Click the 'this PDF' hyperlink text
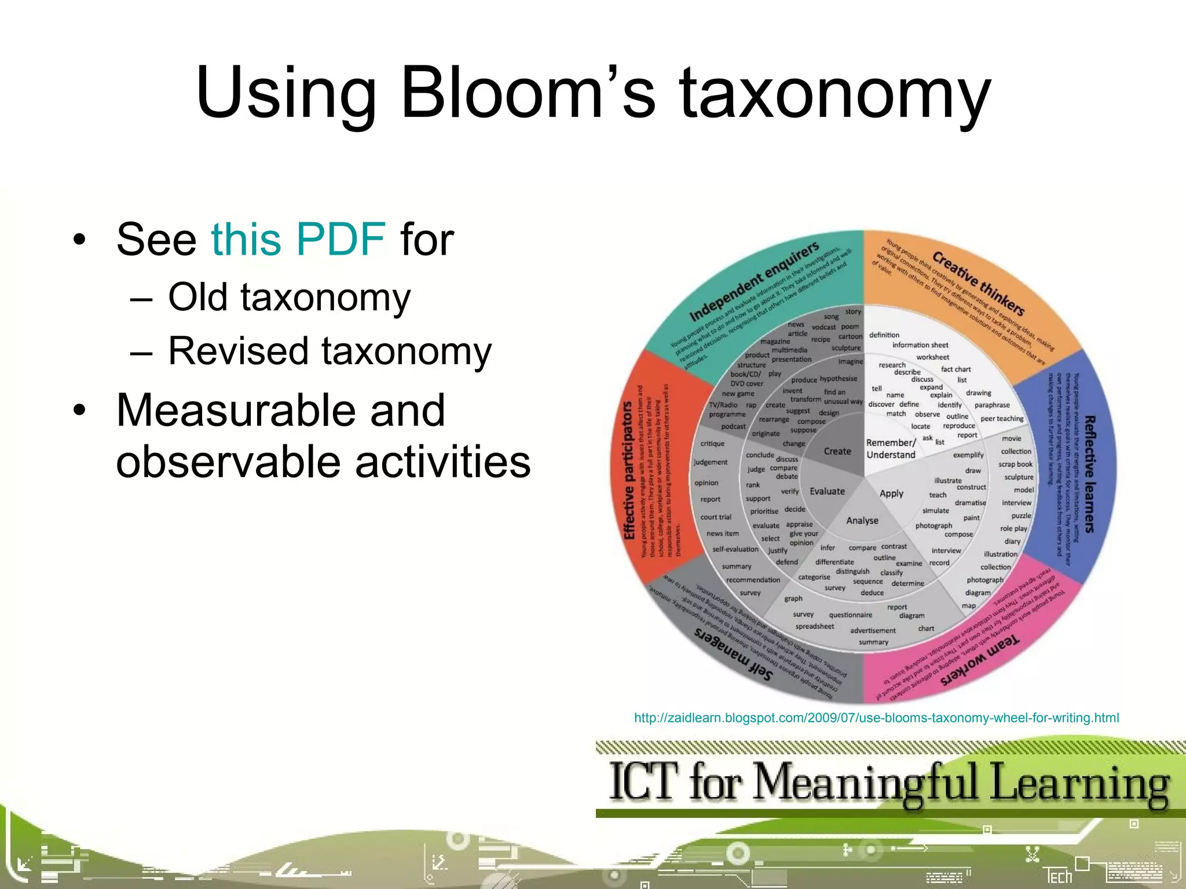tap(298, 239)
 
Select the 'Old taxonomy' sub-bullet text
tap(289, 297)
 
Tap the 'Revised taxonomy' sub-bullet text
tap(330, 351)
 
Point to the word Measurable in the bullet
tap(281, 410)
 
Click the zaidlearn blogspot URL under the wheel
tap(876, 718)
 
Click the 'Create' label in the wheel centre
tap(837, 451)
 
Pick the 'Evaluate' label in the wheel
tap(827, 491)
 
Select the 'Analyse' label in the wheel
tap(862, 520)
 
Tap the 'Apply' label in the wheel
tap(891, 494)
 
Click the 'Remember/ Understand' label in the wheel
tap(891, 449)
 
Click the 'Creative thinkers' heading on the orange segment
tap(978, 283)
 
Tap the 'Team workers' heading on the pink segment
tap(979, 660)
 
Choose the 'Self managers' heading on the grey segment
tap(733, 654)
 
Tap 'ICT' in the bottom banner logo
tap(643, 782)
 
